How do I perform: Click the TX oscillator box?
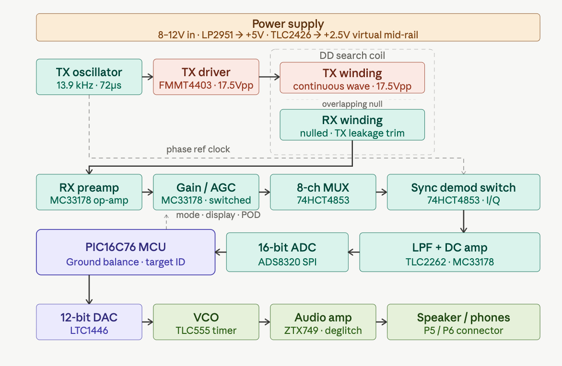point(89,76)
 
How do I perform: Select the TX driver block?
point(206,76)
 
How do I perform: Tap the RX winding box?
point(352,125)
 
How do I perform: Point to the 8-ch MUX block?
point(323,192)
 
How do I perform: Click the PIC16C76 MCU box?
point(126,252)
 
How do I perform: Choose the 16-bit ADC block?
point(287,252)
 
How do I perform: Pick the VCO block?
point(206,322)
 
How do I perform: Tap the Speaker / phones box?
point(463,322)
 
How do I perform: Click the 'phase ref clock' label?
point(198,149)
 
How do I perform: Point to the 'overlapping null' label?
point(352,104)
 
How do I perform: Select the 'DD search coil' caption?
point(352,56)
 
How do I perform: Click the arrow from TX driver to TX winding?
point(269,76)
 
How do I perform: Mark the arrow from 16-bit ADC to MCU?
point(221,252)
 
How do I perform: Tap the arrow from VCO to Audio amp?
point(265,322)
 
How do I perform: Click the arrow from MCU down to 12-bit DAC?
point(89,289)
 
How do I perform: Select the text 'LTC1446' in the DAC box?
point(89,330)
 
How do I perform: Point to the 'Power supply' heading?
point(288,24)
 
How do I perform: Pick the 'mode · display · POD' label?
point(218,215)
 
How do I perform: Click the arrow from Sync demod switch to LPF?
point(463,221)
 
